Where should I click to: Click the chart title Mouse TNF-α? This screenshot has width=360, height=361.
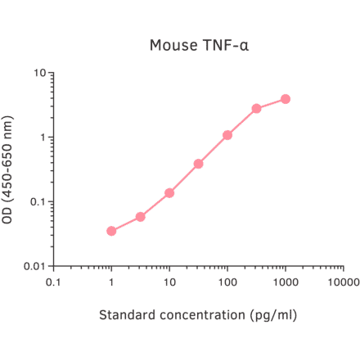[199, 44]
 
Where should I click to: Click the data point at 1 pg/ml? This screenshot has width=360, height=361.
[111, 231]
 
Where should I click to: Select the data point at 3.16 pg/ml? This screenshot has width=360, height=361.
[141, 217]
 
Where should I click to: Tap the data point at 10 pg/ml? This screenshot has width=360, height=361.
[169, 193]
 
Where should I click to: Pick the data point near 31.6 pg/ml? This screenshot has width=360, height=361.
[199, 164]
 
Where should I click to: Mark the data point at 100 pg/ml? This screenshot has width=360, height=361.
[227, 135]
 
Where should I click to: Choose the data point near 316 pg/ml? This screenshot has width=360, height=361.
[257, 108]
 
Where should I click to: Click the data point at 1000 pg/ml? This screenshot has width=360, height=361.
[286, 99]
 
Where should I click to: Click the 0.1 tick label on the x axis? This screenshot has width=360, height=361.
[53, 283]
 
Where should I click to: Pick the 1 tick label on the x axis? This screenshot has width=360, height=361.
[111, 283]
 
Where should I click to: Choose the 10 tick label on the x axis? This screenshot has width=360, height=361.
[169, 283]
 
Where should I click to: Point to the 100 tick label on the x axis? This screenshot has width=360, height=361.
[227, 283]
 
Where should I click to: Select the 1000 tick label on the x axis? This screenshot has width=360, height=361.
[286, 283]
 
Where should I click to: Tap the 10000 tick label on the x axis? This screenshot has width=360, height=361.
[343, 283]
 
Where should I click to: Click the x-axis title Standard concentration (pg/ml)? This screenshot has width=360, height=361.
[198, 315]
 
